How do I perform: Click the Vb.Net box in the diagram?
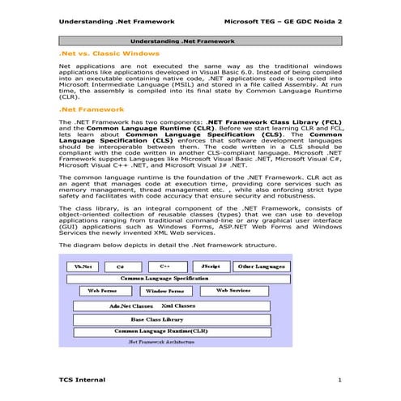point(83,266)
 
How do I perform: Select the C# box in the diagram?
point(120,266)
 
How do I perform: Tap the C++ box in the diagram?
point(164,266)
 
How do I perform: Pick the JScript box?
point(210,266)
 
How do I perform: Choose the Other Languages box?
point(260,266)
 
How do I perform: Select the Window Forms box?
point(164,290)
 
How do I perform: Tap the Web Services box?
point(232,290)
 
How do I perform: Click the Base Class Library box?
point(157,319)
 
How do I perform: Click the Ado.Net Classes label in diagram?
point(131,306)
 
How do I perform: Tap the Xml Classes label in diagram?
point(178,306)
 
